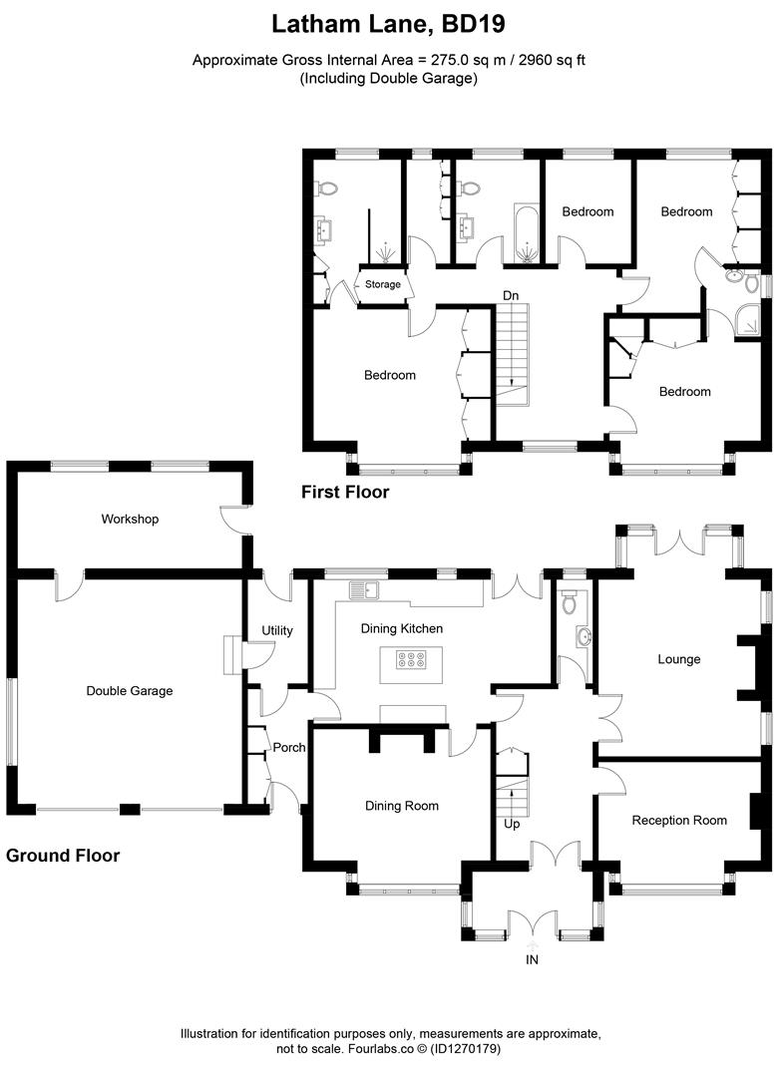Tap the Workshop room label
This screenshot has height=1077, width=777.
coord(130,519)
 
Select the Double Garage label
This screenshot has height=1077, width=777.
coord(129,690)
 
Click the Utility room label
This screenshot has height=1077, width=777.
coord(276,631)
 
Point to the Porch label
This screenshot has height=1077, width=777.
coord(289,747)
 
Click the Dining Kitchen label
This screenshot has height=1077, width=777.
coord(402,628)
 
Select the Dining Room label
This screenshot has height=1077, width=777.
coord(401,806)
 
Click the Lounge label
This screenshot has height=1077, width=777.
coord(678,659)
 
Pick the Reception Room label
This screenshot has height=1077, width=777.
coord(678,821)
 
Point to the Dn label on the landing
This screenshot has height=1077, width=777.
coord(510,296)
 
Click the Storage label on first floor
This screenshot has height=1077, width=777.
coord(382,284)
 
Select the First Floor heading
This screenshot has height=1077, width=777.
coord(345,493)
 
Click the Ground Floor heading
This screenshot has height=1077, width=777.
coord(63,856)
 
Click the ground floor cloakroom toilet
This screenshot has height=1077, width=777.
coord(571,602)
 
